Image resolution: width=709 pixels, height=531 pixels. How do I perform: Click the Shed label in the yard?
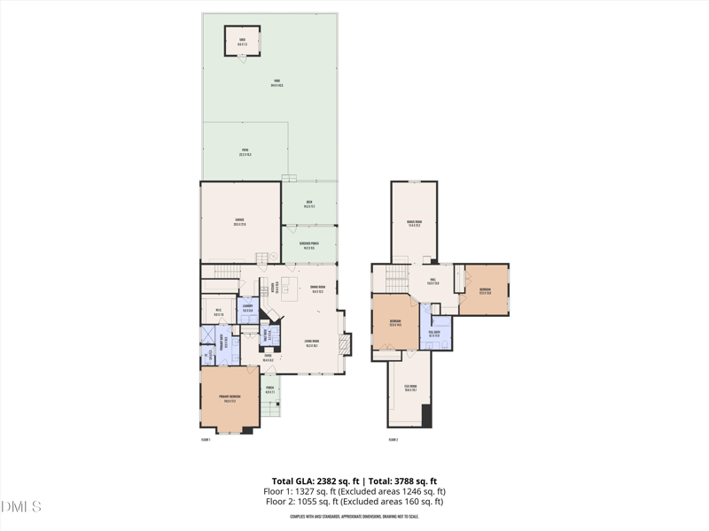[x=241, y=40]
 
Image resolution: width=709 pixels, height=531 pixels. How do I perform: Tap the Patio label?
[x=245, y=152]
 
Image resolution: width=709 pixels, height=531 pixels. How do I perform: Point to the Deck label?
[x=309, y=204]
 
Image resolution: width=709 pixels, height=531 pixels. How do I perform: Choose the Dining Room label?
[x=317, y=289]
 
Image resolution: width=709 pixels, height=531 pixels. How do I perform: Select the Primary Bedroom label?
[x=230, y=398]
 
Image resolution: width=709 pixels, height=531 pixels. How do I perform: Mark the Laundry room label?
[x=248, y=308]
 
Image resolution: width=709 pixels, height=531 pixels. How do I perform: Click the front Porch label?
[x=269, y=389]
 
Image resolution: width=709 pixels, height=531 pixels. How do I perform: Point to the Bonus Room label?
[x=414, y=223]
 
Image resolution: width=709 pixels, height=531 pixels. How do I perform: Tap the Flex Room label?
[x=410, y=389]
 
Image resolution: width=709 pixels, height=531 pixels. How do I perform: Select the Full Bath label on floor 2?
[x=434, y=334]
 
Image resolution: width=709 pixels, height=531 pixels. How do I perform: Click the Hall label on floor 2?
[x=434, y=281]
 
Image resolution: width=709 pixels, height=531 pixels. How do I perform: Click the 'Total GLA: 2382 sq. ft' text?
[x=308, y=481]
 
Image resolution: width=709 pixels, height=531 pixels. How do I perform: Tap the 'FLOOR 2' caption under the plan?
[x=393, y=439]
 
